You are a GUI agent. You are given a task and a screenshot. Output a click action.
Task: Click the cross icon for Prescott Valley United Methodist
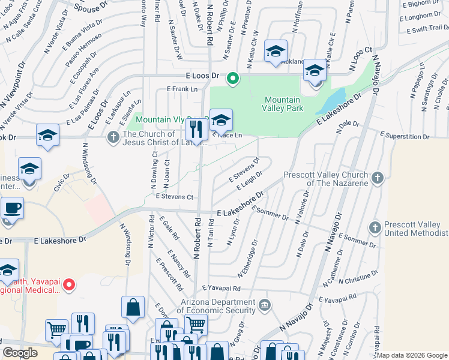(x=375, y=227)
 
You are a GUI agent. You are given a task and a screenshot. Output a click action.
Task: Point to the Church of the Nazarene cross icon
(x=377, y=178)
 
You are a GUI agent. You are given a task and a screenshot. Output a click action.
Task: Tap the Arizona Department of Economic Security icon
(x=264, y=307)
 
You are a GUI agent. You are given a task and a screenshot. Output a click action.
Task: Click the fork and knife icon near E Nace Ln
(x=196, y=128)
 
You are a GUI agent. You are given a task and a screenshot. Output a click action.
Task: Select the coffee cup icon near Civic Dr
(x=12, y=209)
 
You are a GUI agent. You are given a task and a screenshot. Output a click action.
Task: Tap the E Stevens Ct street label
(x=174, y=196)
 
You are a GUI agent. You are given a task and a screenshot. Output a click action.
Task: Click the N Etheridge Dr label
(x=247, y=259)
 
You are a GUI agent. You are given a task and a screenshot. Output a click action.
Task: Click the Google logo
(x=20, y=353)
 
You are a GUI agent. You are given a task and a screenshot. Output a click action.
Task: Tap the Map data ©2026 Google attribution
(x=412, y=355)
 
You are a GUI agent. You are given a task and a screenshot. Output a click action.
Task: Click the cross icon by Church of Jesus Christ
(x=112, y=138)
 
